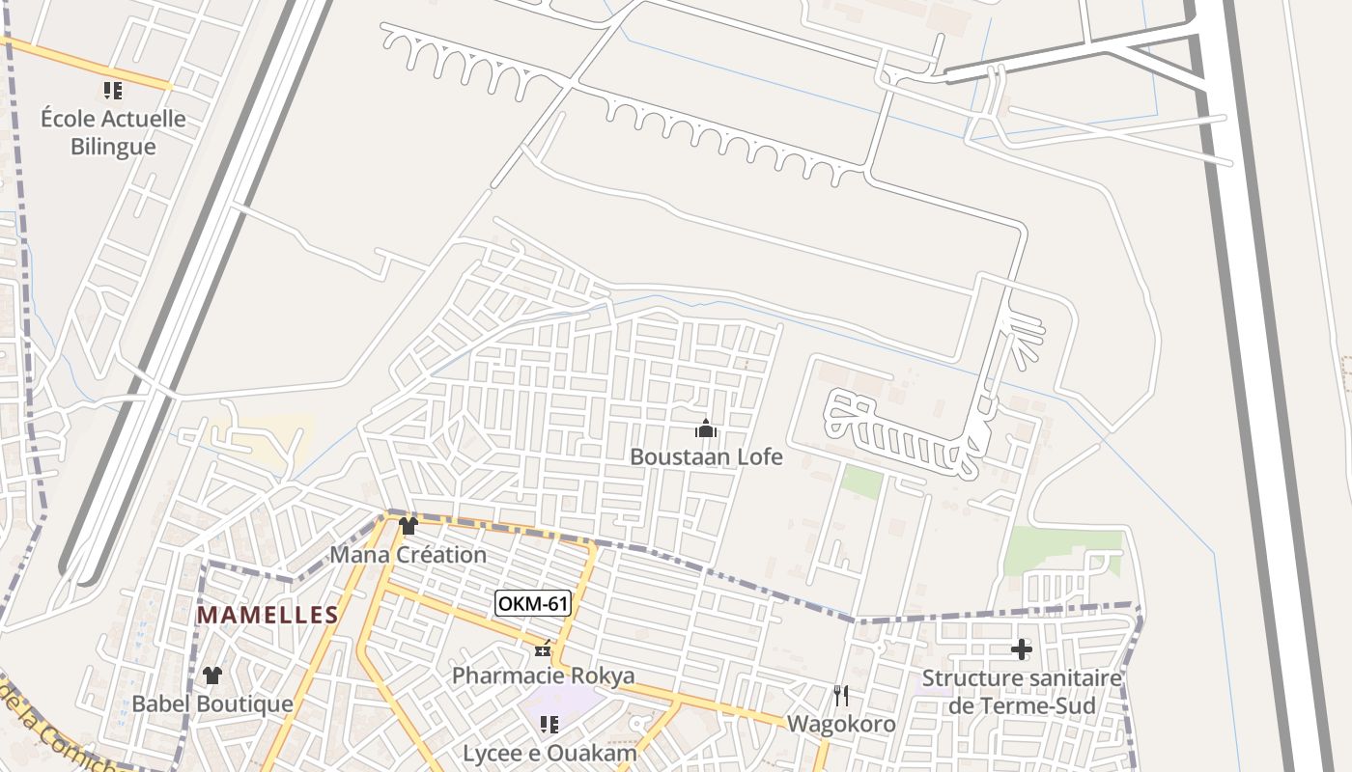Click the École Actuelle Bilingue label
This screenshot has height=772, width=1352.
tap(113, 133)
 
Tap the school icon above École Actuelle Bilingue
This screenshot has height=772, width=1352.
tap(113, 91)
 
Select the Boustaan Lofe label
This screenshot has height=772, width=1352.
tap(706, 456)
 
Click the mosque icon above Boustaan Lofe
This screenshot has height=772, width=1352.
tap(706, 428)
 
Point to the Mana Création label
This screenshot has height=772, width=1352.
tap(408, 555)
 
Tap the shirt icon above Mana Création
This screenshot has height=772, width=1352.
tap(408, 526)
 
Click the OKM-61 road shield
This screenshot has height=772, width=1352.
tap(533, 604)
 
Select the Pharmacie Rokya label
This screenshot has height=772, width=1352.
tap(544, 675)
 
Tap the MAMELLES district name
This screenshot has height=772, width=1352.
tap(268, 616)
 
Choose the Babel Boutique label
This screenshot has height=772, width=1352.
tap(211, 703)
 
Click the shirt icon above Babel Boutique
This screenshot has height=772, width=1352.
tap(212, 675)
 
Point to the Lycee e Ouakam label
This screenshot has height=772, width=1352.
tap(549, 753)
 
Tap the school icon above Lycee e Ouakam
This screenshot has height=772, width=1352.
tap(549, 725)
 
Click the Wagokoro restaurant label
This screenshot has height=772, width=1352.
tap(841, 724)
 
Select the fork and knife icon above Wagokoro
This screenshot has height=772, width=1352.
tap(841, 696)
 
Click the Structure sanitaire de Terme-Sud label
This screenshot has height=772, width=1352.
tap(1022, 691)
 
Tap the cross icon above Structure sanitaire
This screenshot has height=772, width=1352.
tap(1021, 649)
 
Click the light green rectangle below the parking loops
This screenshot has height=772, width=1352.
tap(860, 482)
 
